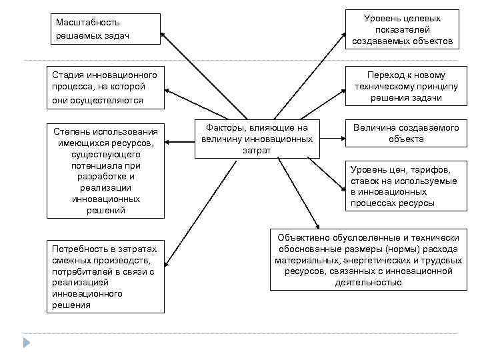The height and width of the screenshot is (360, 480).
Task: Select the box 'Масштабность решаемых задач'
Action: click(x=105, y=29)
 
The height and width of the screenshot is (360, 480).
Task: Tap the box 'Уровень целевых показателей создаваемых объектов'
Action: click(x=402, y=29)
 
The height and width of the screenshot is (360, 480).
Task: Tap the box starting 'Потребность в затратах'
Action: click(x=105, y=276)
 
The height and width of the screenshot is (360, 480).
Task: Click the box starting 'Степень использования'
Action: click(x=105, y=169)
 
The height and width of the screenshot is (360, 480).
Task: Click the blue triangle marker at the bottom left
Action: click(x=27, y=343)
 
